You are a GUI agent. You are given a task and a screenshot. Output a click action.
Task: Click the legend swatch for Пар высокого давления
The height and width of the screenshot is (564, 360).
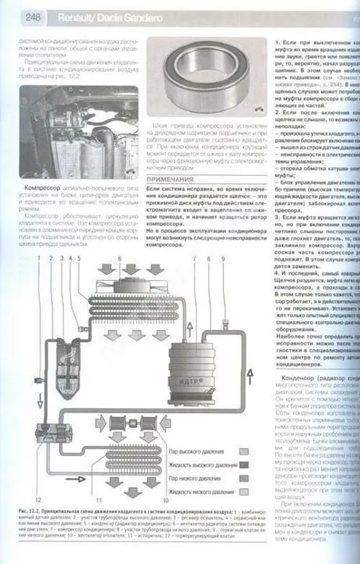[x=243, y=452]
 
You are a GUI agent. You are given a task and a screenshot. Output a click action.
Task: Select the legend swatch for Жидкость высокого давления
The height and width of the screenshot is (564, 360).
[x=243, y=465]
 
